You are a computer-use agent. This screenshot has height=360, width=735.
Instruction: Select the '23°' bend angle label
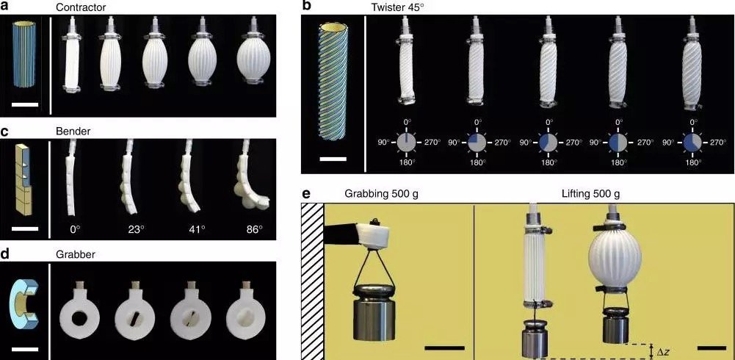134,230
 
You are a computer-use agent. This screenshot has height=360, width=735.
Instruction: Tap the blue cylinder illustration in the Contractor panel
24,54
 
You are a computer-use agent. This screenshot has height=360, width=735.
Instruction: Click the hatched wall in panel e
313,281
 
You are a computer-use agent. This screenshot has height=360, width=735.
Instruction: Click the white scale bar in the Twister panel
333,159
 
